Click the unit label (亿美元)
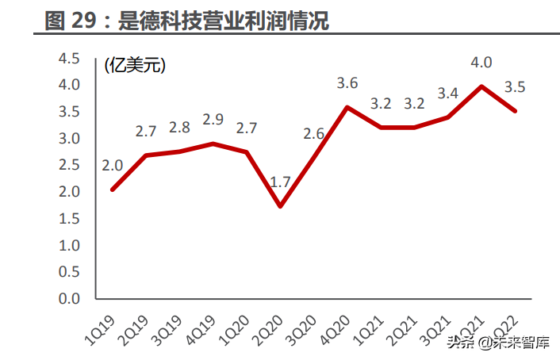[x=135, y=65]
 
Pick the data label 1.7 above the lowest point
[x=280, y=182]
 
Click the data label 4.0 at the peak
[x=481, y=63]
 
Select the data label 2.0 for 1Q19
[x=112, y=166]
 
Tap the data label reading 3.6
[x=347, y=82]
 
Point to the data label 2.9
[x=213, y=120]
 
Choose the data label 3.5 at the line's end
[x=516, y=87]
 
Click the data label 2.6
[x=314, y=133]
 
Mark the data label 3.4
[x=447, y=94]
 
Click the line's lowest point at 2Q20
[x=280, y=207]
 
